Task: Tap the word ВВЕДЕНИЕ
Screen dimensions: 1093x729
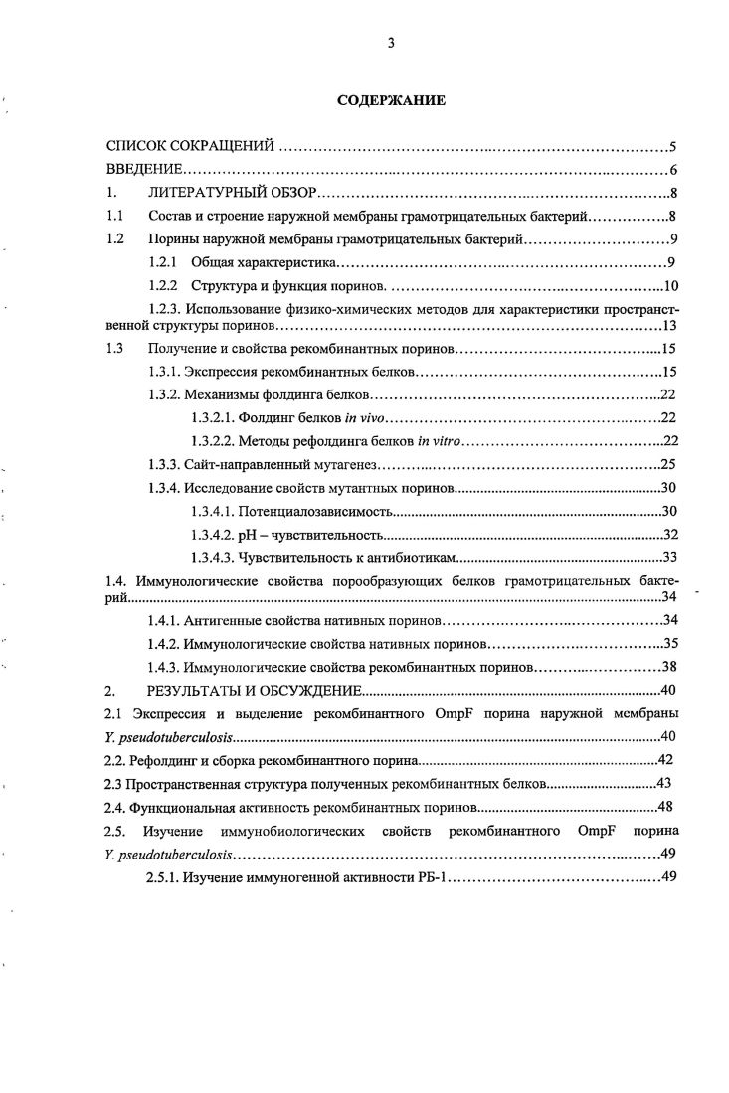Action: [x=144, y=170]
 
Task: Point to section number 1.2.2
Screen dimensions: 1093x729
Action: [x=161, y=287]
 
